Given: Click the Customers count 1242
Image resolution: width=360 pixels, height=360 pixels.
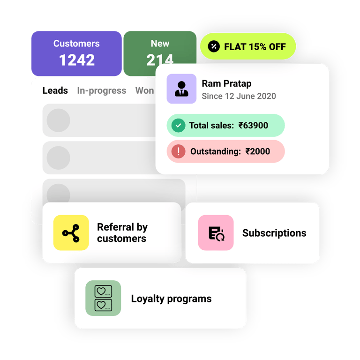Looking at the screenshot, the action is pos(77,60).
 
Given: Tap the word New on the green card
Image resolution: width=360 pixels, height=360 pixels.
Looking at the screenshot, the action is pos(160,44).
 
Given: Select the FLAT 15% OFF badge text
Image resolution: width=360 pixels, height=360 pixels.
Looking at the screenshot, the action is pos(255,46).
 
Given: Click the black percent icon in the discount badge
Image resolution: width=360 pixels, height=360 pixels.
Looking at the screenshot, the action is pos(214,46).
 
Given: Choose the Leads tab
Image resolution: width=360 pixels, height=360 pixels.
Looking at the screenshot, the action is pos(55,90).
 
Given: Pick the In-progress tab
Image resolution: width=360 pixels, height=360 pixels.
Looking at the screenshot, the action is pos(101,90).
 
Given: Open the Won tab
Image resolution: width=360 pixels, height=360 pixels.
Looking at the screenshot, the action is pos(144,90).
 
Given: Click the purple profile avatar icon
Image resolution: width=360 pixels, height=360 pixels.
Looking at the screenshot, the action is pos(181,89).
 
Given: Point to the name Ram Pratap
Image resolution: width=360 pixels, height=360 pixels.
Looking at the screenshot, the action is pos(226,83).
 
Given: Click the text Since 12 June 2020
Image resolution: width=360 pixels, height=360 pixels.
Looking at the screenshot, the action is pos(239,96).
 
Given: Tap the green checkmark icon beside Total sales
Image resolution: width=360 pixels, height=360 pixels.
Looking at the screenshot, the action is pos(178,126).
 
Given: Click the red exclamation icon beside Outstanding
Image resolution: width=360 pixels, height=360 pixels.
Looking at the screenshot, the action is pos(178,151).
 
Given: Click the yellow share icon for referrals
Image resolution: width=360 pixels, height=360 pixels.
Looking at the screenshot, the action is pos(71,232).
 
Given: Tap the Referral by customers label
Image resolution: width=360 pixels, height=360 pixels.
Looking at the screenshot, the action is pos(122,233).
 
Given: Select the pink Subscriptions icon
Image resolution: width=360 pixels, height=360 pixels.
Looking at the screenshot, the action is pos(216,233).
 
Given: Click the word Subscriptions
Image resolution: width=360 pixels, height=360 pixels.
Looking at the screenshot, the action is pos(274,233).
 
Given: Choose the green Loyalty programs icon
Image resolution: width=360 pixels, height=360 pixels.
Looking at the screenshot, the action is pos(103,298).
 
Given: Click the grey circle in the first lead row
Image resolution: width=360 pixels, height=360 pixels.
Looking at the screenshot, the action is pos(59,120).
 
